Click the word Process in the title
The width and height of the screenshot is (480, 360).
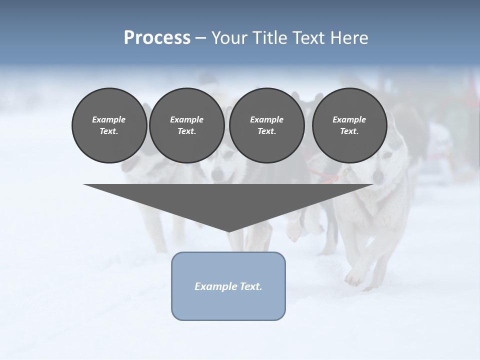pyautogui.click(x=157, y=38)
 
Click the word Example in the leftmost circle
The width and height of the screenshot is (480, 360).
pyautogui.click(x=109, y=119)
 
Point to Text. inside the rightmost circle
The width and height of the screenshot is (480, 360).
pyautogui.click(x=349, y=131)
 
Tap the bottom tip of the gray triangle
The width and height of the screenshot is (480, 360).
pyautogui.click(x=228, y=231)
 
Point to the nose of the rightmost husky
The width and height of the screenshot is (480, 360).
pyautogui.click(x=378, y=177)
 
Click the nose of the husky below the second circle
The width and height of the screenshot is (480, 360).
pyautogui.click(x=218, y=175)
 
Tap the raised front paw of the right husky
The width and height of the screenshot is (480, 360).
pyautogui.click(x=355, y=276)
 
